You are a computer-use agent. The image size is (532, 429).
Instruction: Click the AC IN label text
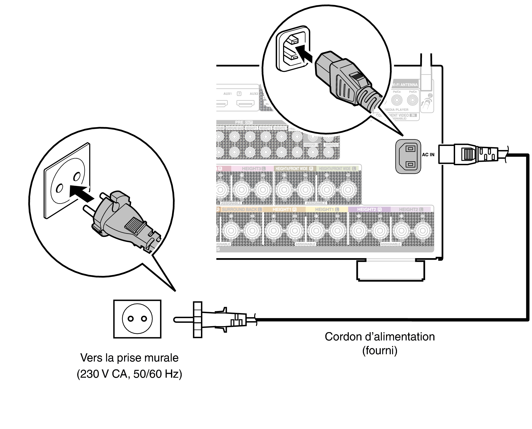[428, 155]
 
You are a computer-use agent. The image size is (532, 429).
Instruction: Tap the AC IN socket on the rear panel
[408, 157]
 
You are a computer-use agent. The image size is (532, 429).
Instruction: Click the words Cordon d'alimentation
[380, 337]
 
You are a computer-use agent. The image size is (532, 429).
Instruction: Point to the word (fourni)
[380, 350]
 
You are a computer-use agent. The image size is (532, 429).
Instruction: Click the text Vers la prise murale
[129, 358]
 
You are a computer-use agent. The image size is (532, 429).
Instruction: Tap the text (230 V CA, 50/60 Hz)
[129, 374]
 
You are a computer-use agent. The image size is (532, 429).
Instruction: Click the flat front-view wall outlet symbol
[137, 319]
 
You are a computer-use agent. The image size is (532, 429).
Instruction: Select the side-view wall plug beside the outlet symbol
[214, 320]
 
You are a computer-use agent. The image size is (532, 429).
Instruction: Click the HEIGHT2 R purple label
[369, 209]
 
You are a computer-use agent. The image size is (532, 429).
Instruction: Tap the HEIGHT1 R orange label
[284, 209]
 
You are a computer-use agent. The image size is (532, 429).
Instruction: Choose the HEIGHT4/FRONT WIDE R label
[294, 169]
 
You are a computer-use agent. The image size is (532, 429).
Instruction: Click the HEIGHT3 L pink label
[253, 169]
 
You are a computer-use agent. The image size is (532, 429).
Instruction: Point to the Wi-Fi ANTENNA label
[405, 85]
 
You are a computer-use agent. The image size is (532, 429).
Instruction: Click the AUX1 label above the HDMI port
[227, 94]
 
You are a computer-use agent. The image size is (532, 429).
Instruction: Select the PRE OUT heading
[244, 122]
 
